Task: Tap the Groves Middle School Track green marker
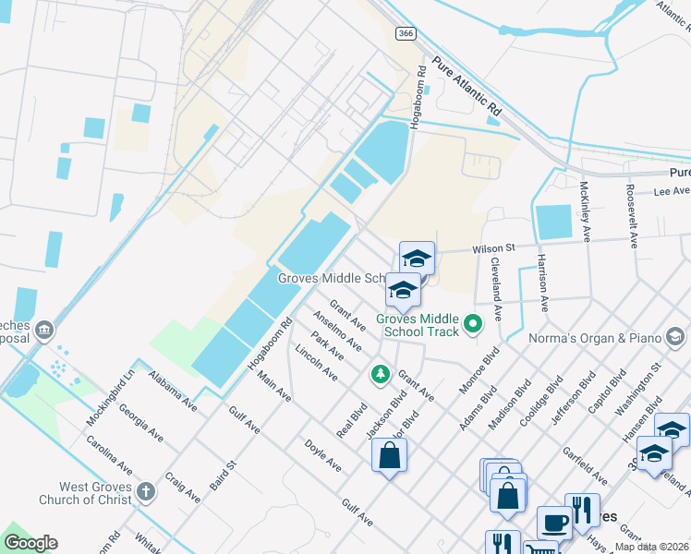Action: [x=474, y=323]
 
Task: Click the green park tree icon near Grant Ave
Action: [x=379, y=374]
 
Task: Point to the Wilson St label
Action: [x=493, y=248]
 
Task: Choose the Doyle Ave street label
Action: [x=324, y=455]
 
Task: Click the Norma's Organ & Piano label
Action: [x=594, y=338]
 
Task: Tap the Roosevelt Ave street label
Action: [x=632, y=214]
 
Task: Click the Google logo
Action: [x=30, y=543]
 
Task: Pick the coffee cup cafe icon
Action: [x=554, y=523]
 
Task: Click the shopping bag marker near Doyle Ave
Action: [x=389, y=454]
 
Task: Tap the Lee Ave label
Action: [x=672, y=191]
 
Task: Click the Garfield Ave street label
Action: [x=585, y=465]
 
